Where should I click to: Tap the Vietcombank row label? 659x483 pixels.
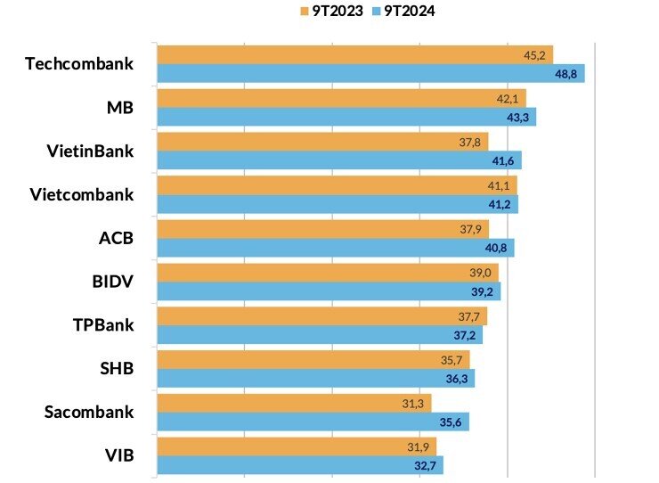pyautogui.click(x=81, y=194)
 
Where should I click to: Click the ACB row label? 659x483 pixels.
pyautogui.click(x=116, y=238)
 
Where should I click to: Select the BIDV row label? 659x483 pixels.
pyautogui.click(x=113, y=282)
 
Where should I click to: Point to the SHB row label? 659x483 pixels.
pyautogui.click(x=116, y=369)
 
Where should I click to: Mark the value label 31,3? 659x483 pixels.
pyautogui.click(x=412, y=403)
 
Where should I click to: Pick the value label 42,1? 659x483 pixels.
pyautogui.click(x=508, y=98)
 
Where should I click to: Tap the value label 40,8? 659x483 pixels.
pyautogui.click(x=497, y=248)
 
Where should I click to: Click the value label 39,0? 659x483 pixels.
pyautogui.click(x=481, y=273)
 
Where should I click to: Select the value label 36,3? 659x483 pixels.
pyautogui.click(x=457, y=378)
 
